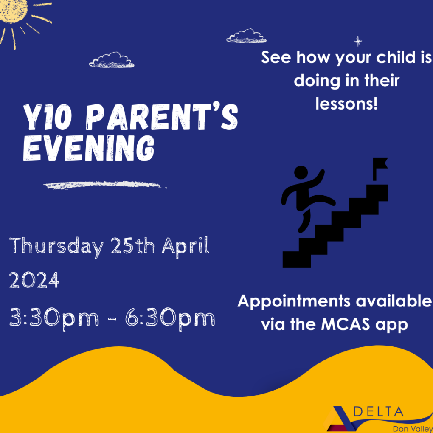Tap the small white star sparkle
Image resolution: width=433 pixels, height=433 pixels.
pos(358,42)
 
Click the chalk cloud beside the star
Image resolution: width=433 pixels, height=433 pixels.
pos(246,36)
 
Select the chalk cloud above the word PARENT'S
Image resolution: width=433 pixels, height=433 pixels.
pos(112,60)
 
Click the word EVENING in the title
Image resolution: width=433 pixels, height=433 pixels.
pos(89,148)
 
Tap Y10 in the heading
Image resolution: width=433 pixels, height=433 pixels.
pos(48,117)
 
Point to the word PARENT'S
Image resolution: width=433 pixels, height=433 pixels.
pos(162,117)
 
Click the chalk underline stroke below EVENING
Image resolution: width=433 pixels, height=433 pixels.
pos(105,185)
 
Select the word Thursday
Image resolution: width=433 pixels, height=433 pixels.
pos(56,247)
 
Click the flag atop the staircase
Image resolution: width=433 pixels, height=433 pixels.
pos(380,169)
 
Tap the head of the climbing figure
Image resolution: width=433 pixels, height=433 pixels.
pos(301,173)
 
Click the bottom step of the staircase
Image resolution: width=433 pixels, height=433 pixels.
pos(297,259)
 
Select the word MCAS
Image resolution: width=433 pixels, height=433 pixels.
pos(346,324)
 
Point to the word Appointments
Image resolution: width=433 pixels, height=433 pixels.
pos(294,301)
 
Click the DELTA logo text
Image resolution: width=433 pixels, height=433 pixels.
pos(378,411)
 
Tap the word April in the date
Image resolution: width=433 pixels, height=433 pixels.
pos(186,246)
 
